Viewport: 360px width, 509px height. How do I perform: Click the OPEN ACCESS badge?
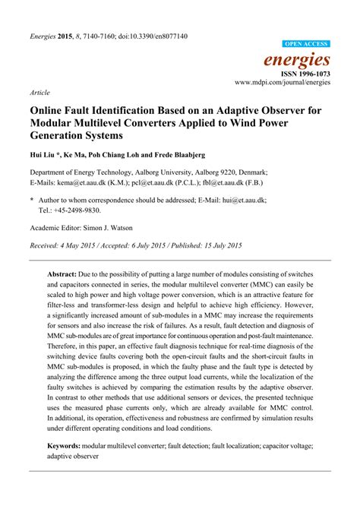click(x=305, y=45)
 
